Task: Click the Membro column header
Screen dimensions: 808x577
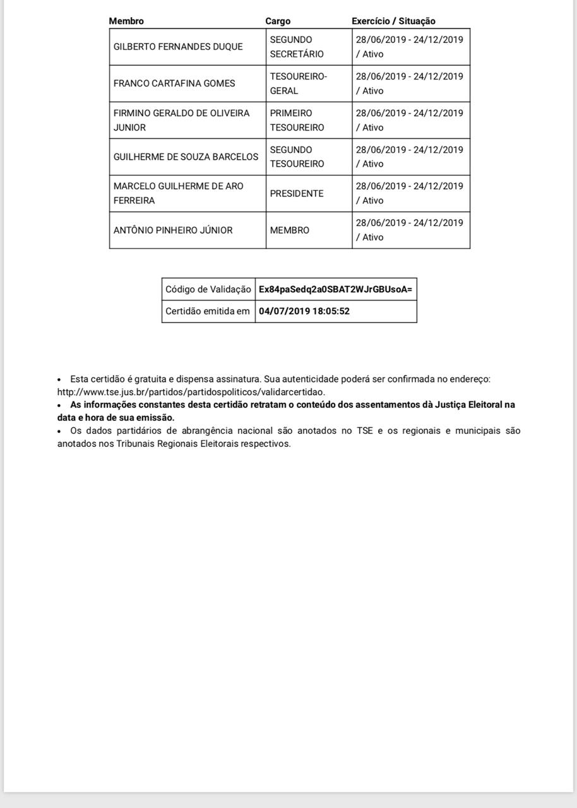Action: (x=126, y=21)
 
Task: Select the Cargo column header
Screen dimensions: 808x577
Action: (x=278, y=21)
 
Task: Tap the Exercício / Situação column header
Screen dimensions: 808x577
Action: (x=393, y=21)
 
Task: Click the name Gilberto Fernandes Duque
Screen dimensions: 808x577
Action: (x=178, y=47)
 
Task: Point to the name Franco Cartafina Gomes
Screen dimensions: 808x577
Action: (x=174, y=83)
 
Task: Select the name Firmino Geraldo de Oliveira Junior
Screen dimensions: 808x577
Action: (x=181, y=120)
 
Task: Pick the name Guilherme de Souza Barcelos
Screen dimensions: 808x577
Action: (x=186, y=157)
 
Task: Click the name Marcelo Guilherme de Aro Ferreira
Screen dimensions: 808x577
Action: (x=178, y=193)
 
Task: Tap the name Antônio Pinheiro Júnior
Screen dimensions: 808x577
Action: (x=173, y=230)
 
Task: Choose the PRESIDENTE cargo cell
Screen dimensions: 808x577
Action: (x=297, y=194)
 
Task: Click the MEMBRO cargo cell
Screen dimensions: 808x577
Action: (x=290, y=230)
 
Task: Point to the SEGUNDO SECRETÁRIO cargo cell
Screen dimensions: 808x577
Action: (x=297, y=47)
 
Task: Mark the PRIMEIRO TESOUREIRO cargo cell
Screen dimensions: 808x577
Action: (x=297, y=120)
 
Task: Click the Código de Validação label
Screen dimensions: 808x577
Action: (x=208, y=289)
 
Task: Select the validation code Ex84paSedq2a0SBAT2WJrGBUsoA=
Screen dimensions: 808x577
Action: (x=335, y=289)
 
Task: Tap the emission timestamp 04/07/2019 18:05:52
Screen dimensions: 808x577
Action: (x=304, y=311)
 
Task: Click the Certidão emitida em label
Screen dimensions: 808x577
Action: (x=208, y=311)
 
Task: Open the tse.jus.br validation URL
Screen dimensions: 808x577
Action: (x=191, y=392)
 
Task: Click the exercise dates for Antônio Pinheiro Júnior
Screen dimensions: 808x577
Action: (x=409, y=230)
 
